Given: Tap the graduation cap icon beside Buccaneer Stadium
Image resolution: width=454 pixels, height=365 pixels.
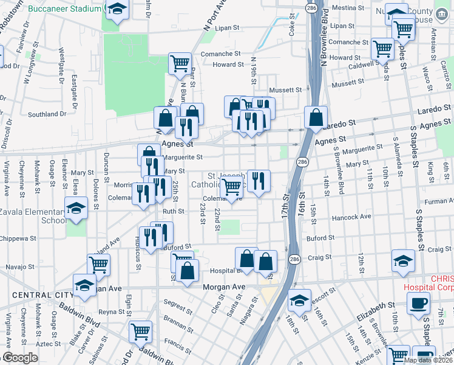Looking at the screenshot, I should click(x=117, y=10).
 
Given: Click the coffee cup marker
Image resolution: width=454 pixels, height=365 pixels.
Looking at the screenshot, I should click(x=418, y=303).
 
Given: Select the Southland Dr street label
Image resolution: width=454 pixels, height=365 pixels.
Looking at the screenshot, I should click(x=47, y=114).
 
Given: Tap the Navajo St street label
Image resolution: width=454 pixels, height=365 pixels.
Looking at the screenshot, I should click(x=20, y=267).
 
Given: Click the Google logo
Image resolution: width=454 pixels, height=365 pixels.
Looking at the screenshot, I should click(x=20, y=358).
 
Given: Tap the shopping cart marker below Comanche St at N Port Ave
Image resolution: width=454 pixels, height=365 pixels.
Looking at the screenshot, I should click(x=180, y=63).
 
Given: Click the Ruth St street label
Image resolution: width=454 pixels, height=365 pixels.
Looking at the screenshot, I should click(x=172, y=212).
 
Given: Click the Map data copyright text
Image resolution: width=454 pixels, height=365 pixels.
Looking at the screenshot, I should click(x=428, y=360).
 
